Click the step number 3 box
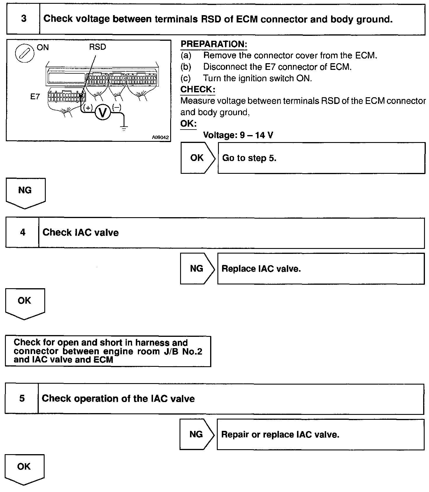[23, 19]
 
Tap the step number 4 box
[22, 233]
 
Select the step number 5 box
[22, 399]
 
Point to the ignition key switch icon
[22, 54]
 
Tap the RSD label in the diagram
[98, 47]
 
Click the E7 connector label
[35, 96]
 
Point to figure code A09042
[160, 137]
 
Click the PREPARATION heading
[214, 44]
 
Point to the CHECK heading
[198, 90]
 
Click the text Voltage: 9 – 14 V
[238, 135]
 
